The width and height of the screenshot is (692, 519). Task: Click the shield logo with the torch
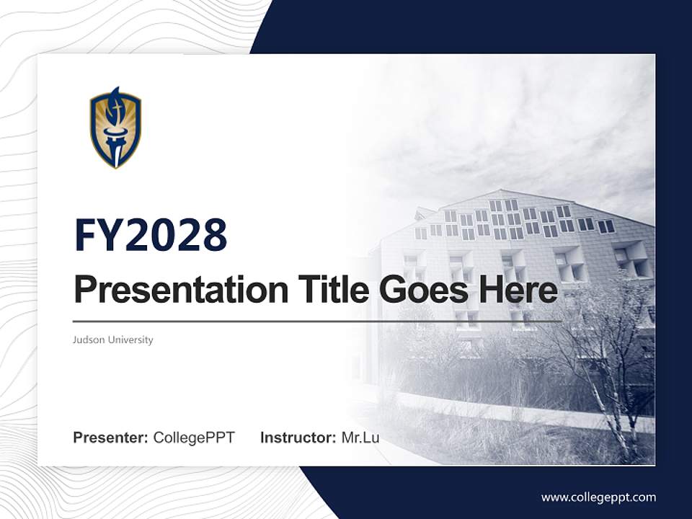coord(115,128)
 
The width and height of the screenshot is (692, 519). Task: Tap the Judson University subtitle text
coord(113,340)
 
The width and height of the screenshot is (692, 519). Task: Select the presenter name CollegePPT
coord(193,438)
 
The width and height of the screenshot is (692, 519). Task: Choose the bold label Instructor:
coord(298,438)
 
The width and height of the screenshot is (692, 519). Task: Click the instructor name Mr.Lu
coord(360,438)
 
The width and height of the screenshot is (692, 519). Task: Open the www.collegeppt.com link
coord(598,497)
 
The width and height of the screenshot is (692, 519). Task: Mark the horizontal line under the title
coord(317,321)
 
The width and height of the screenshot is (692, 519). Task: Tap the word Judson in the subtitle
coord(87,340)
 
